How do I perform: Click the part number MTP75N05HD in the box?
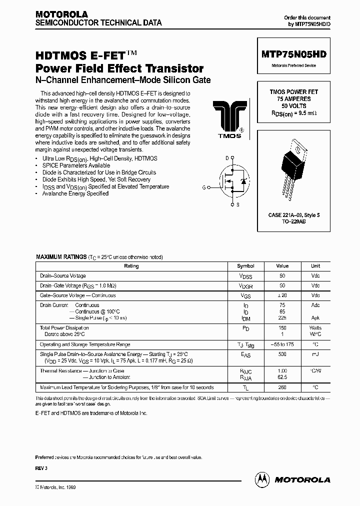point(293,55)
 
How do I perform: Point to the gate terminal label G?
point(204,187)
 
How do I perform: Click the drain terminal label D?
point(227,158)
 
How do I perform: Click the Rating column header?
point(131,266)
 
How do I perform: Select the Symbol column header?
point(245,266)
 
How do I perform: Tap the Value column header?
point(282,266)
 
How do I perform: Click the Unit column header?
point(315,266)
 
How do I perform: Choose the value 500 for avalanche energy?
point(282,354)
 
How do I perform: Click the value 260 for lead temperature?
point(282,387)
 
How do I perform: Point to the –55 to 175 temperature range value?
point(282,344)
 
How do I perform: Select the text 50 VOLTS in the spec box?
point(293,106)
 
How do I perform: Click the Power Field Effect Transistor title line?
point(119,68)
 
